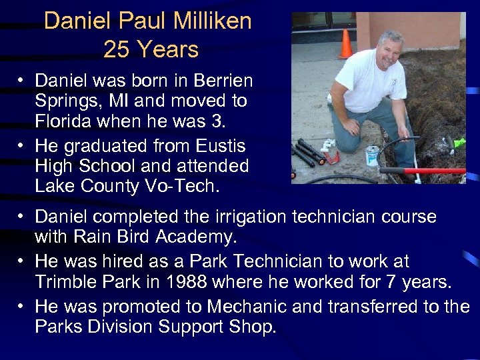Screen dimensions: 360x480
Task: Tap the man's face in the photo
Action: point(389,51)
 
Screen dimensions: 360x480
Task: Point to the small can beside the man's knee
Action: point(373,155)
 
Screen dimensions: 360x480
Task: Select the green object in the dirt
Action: point(459,142)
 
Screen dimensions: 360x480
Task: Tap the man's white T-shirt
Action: point(369,83)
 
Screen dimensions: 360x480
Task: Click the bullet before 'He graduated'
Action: point(22,145)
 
